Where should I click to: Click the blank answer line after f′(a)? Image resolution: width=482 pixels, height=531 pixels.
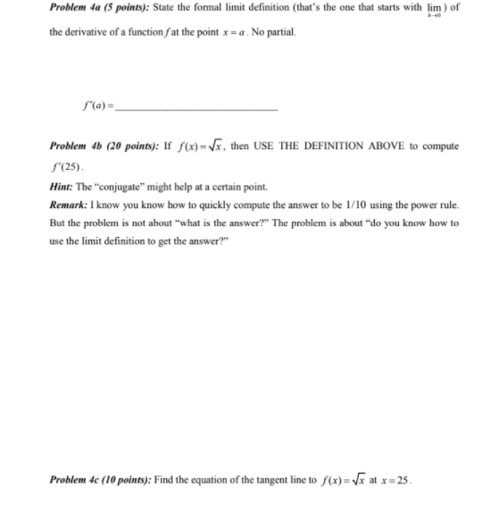coord(196,109)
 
